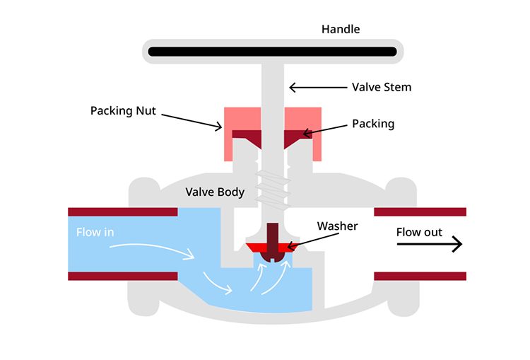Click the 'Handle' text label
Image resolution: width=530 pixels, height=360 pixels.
341,30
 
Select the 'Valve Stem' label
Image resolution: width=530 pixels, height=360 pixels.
382,88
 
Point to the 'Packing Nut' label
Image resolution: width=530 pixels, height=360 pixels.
123,111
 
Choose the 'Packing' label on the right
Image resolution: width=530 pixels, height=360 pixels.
373,124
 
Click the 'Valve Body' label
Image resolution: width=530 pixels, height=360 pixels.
215,192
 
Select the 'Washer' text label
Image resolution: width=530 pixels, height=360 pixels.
337,226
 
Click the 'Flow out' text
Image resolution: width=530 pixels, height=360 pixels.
419,232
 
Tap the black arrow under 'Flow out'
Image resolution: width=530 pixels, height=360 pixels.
429,245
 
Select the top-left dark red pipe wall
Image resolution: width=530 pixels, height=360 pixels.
122,211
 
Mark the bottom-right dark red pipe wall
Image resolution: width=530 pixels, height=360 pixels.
420,276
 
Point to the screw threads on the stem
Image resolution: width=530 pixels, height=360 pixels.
273,189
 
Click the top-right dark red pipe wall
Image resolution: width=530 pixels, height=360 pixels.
420,211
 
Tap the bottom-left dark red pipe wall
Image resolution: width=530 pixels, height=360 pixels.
122,276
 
